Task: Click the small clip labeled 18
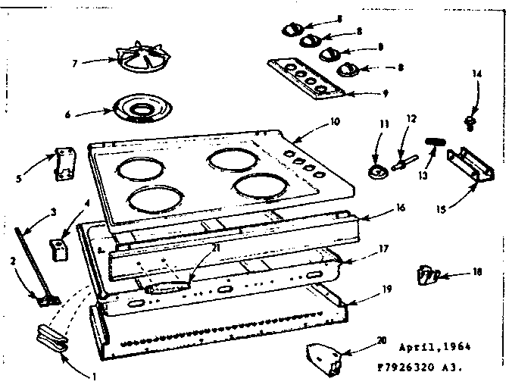tap(428, 274)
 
